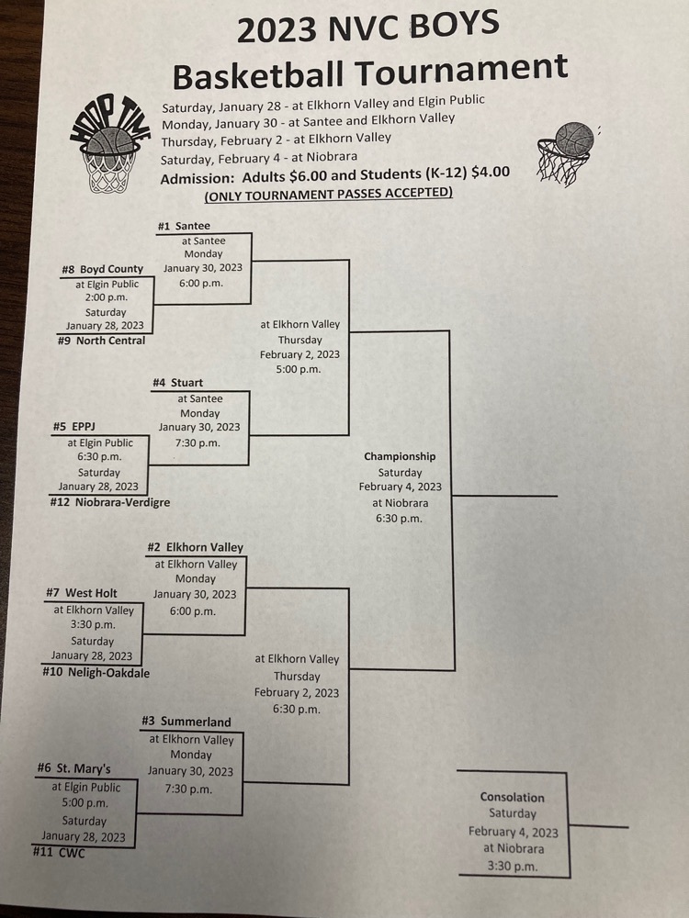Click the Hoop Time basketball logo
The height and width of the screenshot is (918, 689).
tap(109, 144)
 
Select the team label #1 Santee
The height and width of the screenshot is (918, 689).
tap(184, 226)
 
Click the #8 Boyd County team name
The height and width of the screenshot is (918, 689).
tap(103, 269)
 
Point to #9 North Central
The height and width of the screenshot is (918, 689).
tap(101, 341)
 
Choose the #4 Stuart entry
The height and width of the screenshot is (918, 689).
tap(177, 383)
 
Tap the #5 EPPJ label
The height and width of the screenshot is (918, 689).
tap(73, 427)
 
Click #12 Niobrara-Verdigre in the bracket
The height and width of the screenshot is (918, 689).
tap(110, 502)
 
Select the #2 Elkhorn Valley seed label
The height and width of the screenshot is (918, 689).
tap(195, 547)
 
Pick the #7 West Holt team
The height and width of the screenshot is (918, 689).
tap(82, 593)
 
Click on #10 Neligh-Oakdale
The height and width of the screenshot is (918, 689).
tap(96, 673)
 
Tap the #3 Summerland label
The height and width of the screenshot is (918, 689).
tap(186, 722)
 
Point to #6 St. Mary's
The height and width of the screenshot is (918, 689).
tap(73, 768)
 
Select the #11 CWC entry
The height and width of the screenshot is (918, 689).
tap(59, 853)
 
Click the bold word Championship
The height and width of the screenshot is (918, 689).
tap(400, 456)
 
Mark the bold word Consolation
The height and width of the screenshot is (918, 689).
tap(512, 798)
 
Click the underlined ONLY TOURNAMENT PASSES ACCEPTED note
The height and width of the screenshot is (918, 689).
tap(329, 194)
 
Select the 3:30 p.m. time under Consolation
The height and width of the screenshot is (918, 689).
tap(512, 867)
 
